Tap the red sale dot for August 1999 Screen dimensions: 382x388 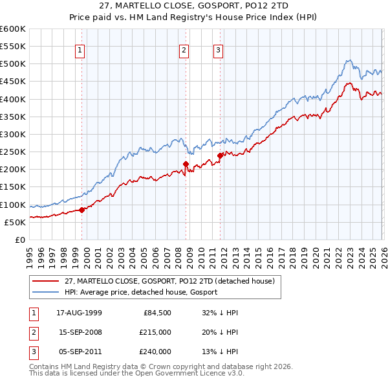(82, 210)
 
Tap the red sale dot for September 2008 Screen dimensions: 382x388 (186, 164)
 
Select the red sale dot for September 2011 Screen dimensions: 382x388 (220, 155)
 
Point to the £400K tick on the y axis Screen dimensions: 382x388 (13, 99)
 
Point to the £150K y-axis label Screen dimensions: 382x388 (13, 187)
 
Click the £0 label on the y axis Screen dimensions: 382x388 (19, 240)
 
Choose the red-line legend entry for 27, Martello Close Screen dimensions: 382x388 (169, 281)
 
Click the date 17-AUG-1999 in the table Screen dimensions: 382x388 (79, 313)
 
